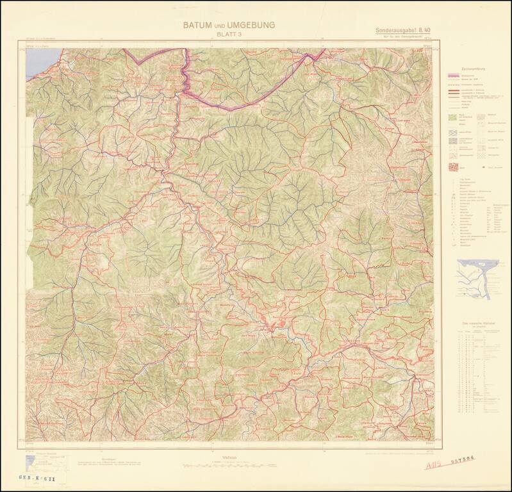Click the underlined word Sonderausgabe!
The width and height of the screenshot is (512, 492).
393,30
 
